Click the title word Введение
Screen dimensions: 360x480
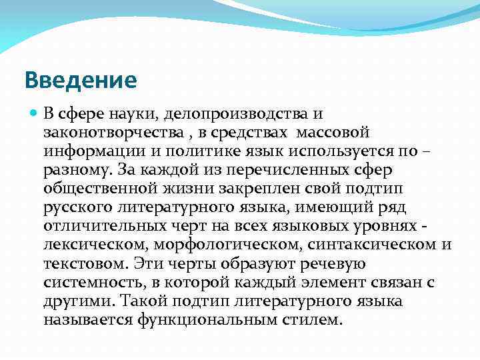click(81, 81)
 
